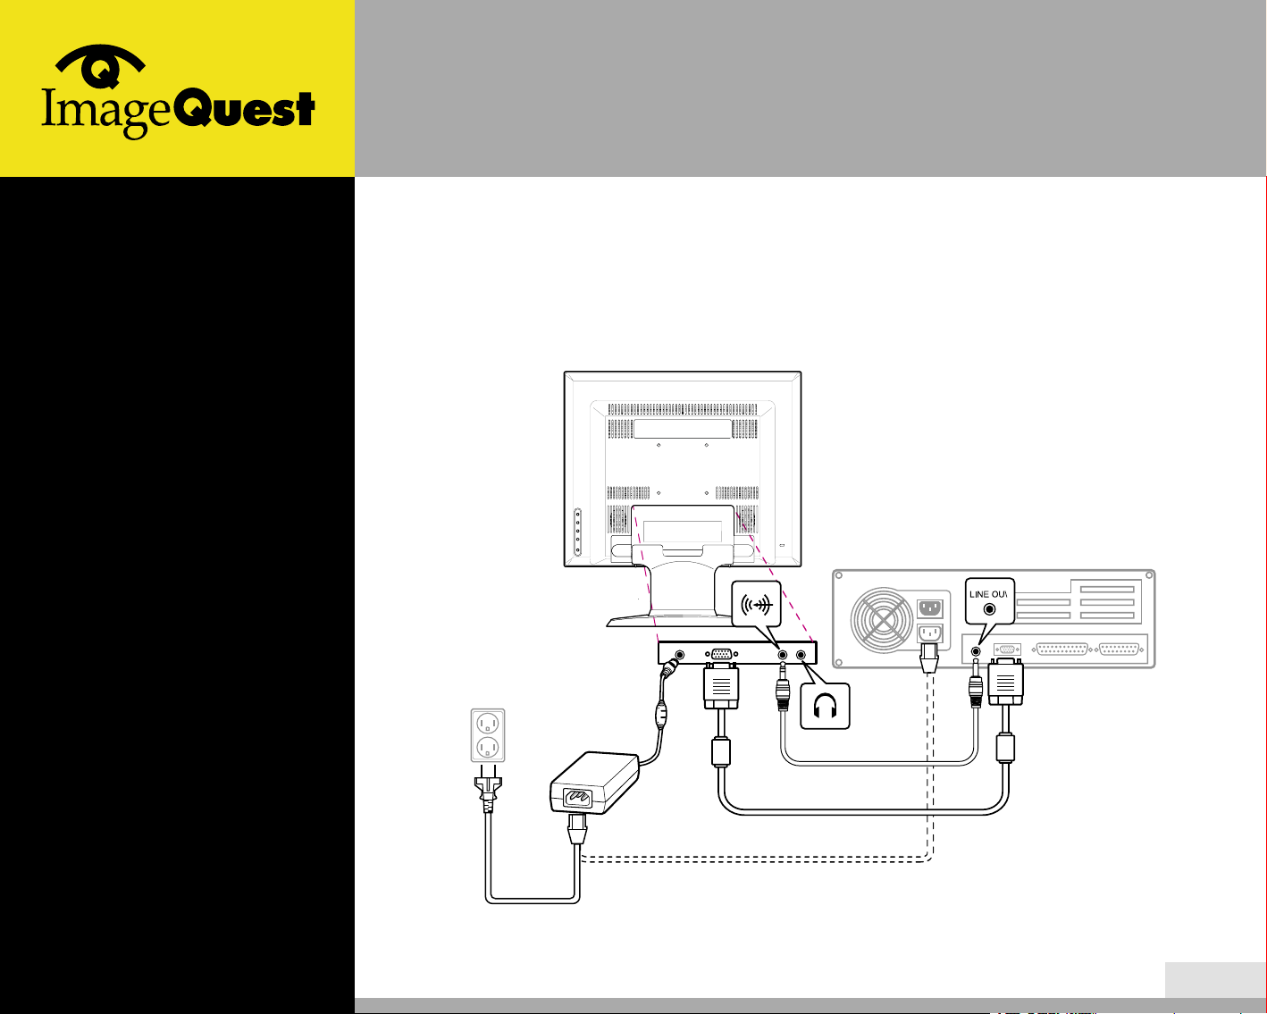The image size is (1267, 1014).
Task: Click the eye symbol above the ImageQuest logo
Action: [x=101, y=67]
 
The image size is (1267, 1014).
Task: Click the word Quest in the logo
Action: [x=242, y=111]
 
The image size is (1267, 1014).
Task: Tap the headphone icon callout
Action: [x=824, y=707]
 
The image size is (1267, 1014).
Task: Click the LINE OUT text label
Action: [x=988, y=594]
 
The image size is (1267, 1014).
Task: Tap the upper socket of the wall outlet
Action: [x=488, y=723]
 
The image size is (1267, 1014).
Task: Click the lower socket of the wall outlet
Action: [x=488, y=747]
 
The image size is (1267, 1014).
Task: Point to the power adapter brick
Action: [x=594, y=782]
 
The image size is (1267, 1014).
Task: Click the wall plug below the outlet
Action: [x=488, y=791]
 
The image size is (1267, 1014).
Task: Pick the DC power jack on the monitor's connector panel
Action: [x=679, y=655]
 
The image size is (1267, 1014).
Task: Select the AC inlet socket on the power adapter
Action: [x=572, y=798]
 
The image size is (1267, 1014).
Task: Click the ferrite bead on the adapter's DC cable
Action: [x=661, y=713]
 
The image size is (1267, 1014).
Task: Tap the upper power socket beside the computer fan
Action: [x=930, y=609]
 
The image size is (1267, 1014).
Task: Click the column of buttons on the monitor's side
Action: [x=577, y=532]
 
